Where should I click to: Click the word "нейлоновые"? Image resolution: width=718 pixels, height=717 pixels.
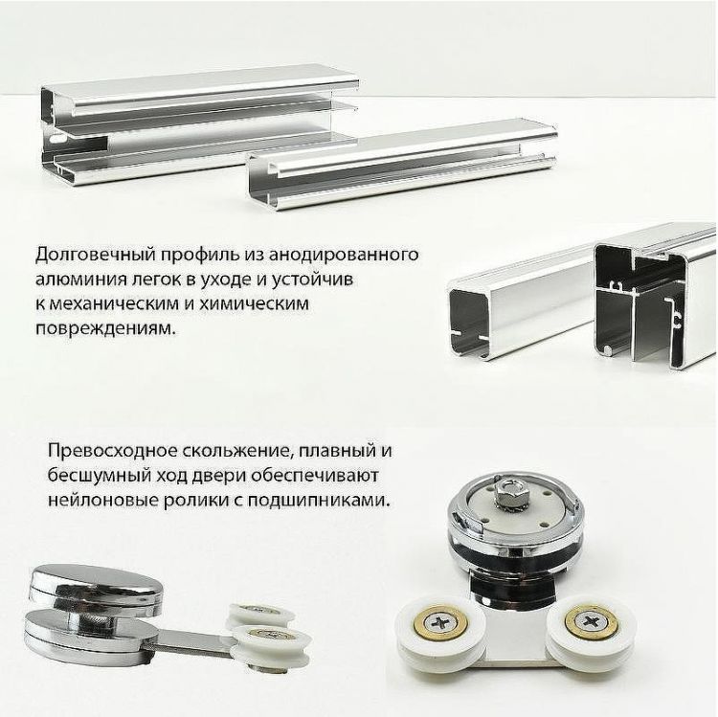[x=93, y=500]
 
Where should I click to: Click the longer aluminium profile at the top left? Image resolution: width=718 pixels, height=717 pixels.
[x=191, y=120]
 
